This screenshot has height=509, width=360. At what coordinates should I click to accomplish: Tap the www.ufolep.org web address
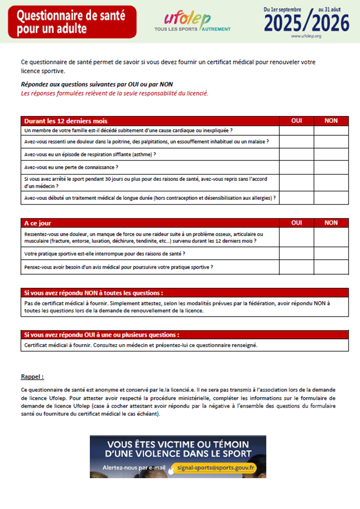[306, 36]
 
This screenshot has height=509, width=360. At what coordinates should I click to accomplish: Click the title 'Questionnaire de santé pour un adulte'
[71, 22]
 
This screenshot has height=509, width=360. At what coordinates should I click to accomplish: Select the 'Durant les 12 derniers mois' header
[66, 121]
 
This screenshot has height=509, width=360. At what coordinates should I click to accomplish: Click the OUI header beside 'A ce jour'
[297, 223]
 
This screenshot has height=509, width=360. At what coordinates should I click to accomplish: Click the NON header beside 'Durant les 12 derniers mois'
[331, 121]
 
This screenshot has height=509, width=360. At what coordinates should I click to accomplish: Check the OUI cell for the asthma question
[297, 155]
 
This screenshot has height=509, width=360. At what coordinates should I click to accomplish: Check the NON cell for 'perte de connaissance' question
[331, 167]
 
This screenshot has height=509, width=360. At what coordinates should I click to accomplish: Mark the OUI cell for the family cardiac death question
[297, 131]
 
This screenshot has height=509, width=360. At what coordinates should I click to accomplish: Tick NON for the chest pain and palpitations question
[331, 142]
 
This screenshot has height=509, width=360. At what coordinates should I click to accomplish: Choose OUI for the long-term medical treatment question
[297, 198]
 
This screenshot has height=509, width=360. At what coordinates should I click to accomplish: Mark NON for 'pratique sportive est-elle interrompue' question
[331, 253]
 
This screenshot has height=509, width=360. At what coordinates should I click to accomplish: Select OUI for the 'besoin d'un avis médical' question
[297, 267]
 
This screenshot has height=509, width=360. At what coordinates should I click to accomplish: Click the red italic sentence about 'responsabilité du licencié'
[114, 93]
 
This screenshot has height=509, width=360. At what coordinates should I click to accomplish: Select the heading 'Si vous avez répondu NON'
[93, 293]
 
